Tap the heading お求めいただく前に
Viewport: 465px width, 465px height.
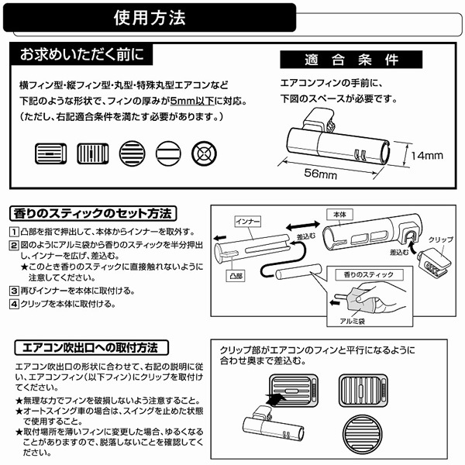click(x=81, y=56)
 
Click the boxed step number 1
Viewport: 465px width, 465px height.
click(x=14, y=232)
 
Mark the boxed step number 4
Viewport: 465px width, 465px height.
click(x=14, y=304)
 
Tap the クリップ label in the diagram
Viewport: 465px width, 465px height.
click(x=440, y=239)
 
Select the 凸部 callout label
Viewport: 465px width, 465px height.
click(x=236, y=275)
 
